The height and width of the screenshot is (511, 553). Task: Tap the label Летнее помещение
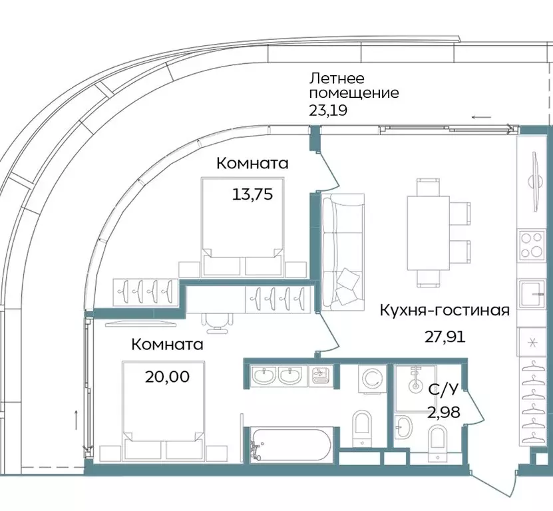point(353,85)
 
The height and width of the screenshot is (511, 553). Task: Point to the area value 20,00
point(167,377)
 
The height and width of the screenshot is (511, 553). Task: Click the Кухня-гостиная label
point(445,310)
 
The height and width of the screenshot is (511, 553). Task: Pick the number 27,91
point(445,336)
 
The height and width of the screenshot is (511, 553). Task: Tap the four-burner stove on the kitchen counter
point(532,244)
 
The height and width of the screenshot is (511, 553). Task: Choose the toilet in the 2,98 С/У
point(439,441)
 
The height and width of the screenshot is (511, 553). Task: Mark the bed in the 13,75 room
point(241,226)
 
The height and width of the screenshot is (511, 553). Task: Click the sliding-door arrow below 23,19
point(482,117)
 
